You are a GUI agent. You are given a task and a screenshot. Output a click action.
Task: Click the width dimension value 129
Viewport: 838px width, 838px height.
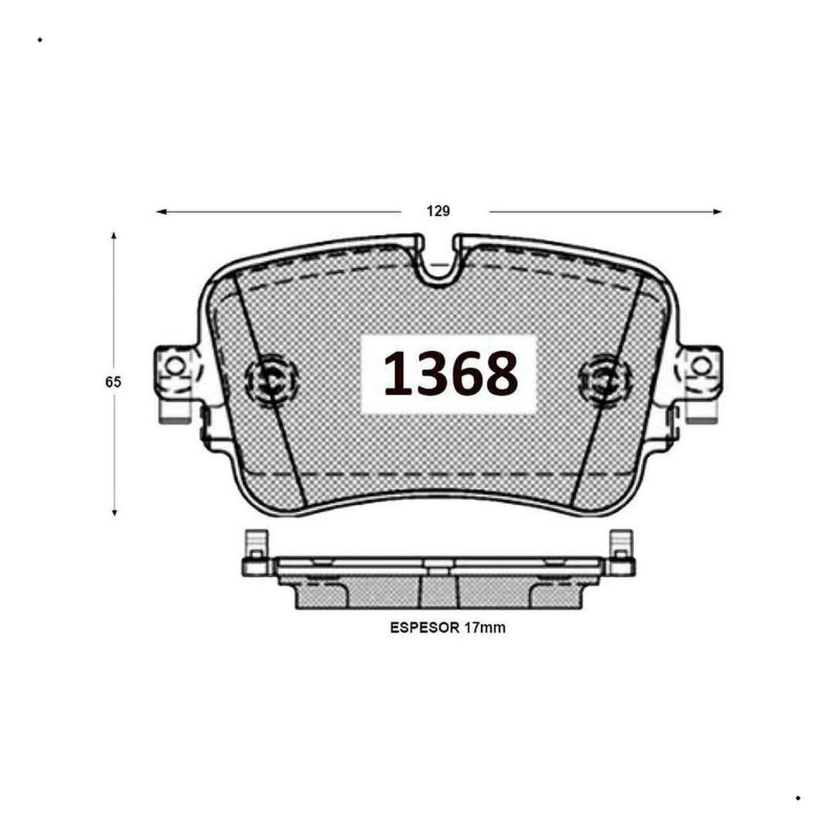click(x=438, y=212)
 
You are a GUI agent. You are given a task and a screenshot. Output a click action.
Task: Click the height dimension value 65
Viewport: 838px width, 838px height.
click(x=113, y=382)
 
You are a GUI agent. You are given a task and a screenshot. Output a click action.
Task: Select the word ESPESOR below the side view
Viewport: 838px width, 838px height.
click(x=425, y=628)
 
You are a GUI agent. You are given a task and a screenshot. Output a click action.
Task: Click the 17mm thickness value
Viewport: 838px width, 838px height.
click(x=485, y=628)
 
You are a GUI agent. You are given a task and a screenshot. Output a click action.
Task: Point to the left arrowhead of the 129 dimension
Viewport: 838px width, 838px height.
click(x=161, y=212)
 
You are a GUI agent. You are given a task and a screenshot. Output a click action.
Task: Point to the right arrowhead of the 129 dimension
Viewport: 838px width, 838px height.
click(x=716, y=212)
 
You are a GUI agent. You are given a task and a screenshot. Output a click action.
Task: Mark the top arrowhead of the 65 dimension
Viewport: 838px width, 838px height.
click(x=114, y=236)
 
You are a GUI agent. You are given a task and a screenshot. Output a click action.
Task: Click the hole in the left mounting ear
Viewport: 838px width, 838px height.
click(x=175, y=365)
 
